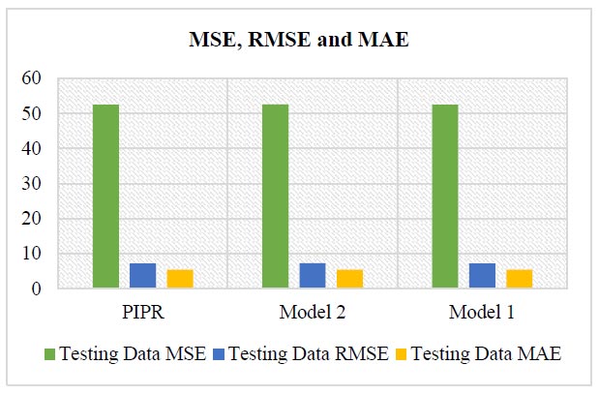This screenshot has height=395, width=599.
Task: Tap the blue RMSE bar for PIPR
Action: [x=142, y=276]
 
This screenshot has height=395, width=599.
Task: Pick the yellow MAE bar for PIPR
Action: [x=180, y=279]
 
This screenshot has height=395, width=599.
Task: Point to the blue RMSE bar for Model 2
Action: [x=313, y=276]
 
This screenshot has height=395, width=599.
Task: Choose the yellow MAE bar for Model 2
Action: [x=349, y=279]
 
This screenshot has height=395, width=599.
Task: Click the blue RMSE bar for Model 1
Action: [x=482, y=276]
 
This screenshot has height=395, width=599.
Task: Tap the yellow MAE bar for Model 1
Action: [x=520, y=279]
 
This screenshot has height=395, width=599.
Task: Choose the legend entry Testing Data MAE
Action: [x=477, y=353]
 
